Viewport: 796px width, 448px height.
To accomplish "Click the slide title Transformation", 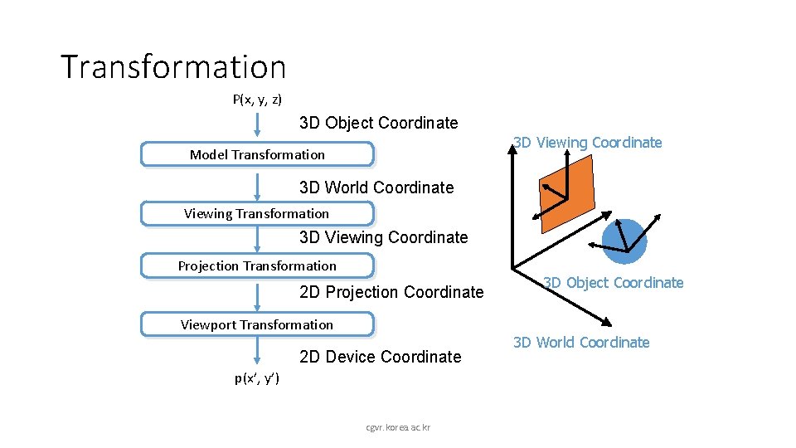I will click(x=173, y=67).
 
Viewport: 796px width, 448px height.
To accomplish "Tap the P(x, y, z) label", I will click(x=257, y=100).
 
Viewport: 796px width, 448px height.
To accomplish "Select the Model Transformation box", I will click(x=257, y=154).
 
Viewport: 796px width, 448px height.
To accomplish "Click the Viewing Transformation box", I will click(x=257, y=213).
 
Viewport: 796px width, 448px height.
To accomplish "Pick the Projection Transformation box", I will click(x=257, y=265).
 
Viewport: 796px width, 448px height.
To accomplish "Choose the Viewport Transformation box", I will click(x=257, y=324).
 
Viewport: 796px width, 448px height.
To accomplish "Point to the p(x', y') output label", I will click(x=257, y=378).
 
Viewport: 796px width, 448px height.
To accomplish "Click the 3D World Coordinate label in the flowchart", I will click(x=376, y=187).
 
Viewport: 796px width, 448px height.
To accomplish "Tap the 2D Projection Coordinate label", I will click(x=391, y=292).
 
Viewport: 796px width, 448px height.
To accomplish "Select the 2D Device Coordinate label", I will click(x=380, y=357).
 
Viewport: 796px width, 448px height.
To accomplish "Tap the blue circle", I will click(x=624, y=241).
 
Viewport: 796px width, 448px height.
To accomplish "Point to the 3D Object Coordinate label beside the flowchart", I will click(x=378, y=123).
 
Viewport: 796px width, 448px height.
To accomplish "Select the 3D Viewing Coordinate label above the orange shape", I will click(x=588, y=143).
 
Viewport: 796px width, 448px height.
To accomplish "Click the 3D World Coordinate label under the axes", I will click(x=581, y=343).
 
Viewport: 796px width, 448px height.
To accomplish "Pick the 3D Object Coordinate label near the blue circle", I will click(x=614, y=283).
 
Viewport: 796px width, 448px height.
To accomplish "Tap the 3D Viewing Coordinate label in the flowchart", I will click(x=383, y=237).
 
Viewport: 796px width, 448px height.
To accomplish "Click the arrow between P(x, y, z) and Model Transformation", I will click(x=257, y=125).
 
